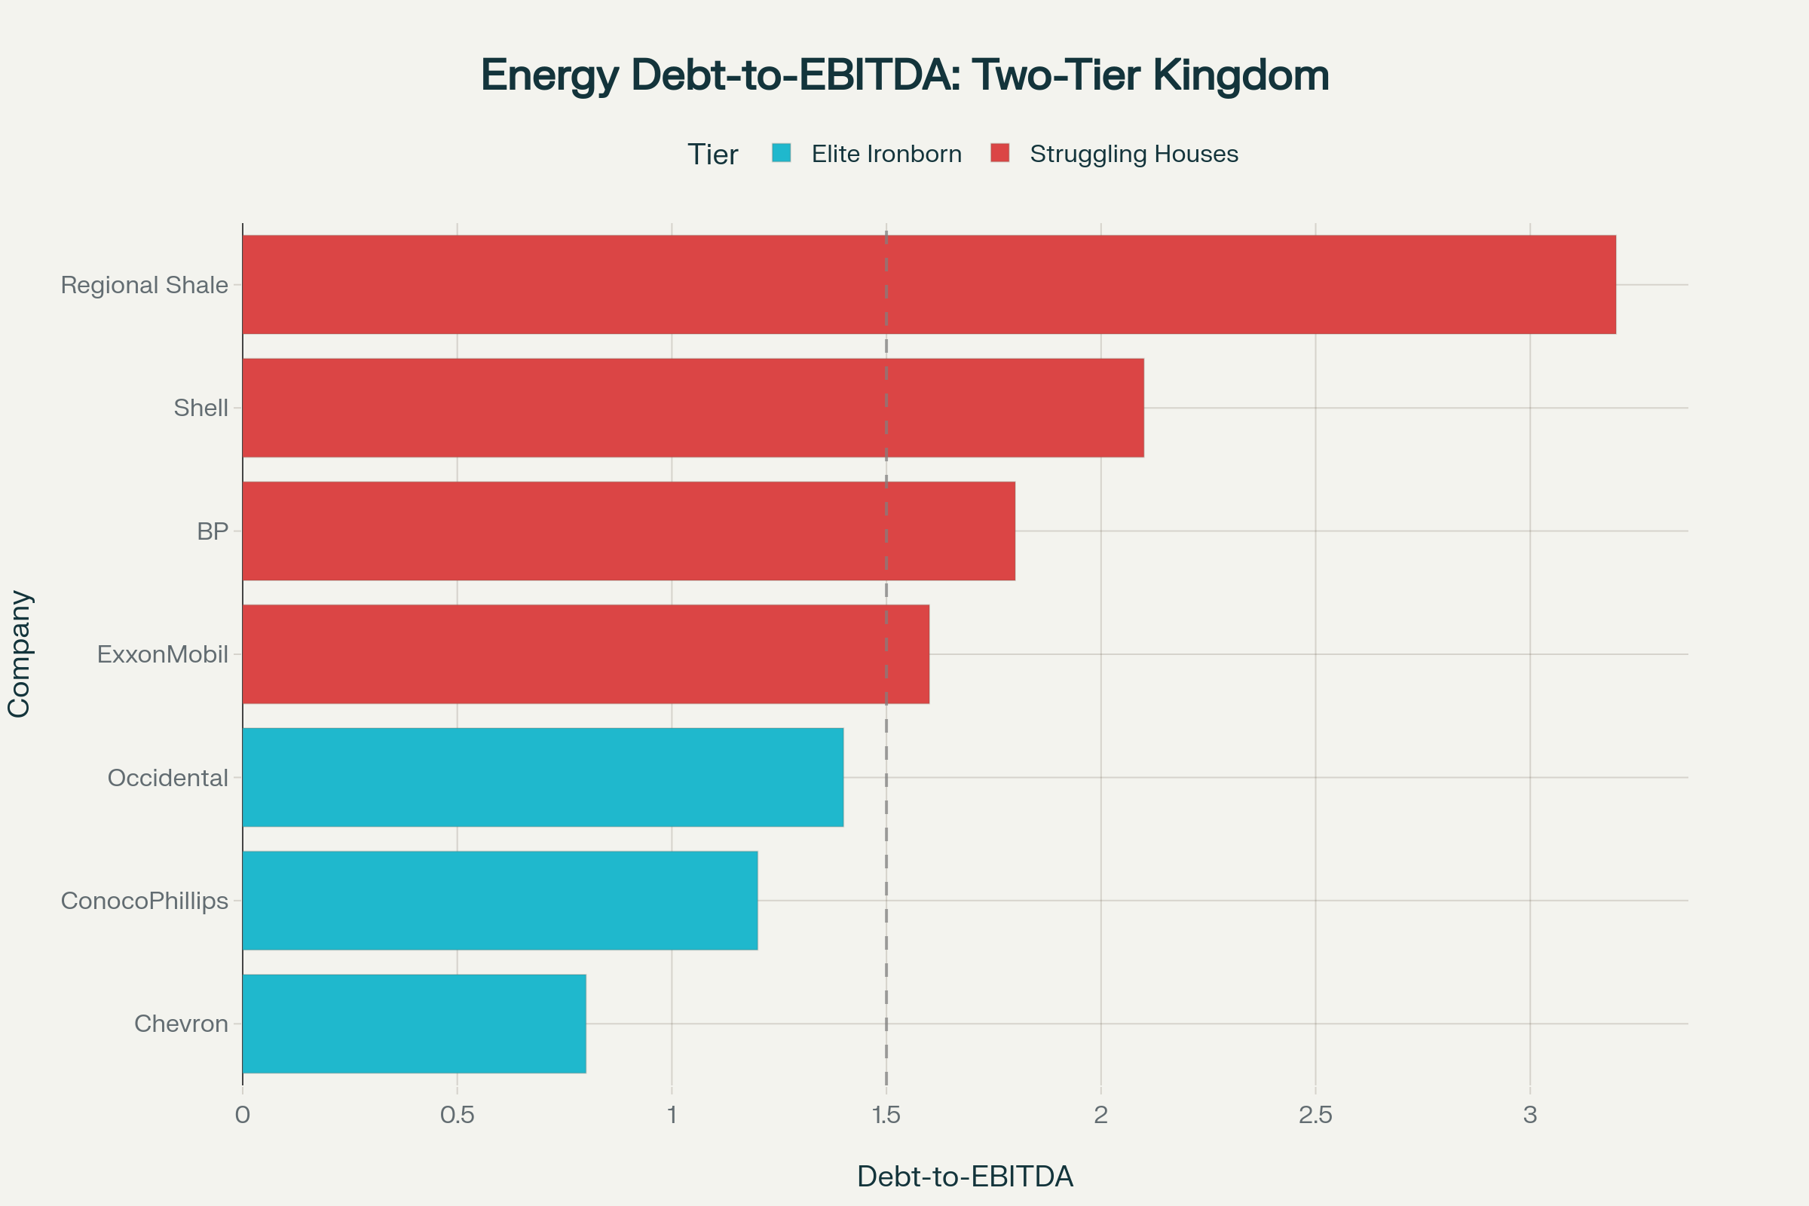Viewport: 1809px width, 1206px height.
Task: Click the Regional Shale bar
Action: (x=929, y=285)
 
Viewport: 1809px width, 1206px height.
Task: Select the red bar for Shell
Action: (x=693, y=408)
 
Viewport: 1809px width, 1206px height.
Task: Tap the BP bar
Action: (x=629, y=531)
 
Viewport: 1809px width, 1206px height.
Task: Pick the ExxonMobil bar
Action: (x=586, y=654)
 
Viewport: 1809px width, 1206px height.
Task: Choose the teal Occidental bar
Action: (x=542, y=777)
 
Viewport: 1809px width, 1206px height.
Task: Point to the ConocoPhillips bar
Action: (x=500, y=900)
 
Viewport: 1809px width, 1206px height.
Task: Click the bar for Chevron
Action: (x=414, y=1023)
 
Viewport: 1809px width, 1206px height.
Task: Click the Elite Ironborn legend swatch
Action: (x=782, y=153)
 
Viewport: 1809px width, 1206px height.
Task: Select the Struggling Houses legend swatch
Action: (x=1000, y=153)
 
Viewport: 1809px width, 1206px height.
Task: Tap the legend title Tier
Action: (x=712, y=155)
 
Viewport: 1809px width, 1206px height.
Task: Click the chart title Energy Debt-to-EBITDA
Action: (x=904, y=75)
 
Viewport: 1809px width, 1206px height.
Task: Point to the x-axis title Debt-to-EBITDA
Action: (x=965, y=1177)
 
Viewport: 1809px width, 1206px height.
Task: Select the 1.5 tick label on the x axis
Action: (x=886, y=1115)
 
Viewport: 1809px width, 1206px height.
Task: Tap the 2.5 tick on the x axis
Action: (x=1315, y=1115)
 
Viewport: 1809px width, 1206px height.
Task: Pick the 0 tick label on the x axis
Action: (x=242, y=1115)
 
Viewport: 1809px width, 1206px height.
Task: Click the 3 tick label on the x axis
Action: (x=1530, y=1115)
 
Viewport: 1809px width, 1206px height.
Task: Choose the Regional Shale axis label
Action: (x=145, y=286)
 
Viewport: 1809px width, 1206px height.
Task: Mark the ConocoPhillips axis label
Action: (x=145, y=901)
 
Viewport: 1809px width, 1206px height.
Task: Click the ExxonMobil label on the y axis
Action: (x=162, y=654)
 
